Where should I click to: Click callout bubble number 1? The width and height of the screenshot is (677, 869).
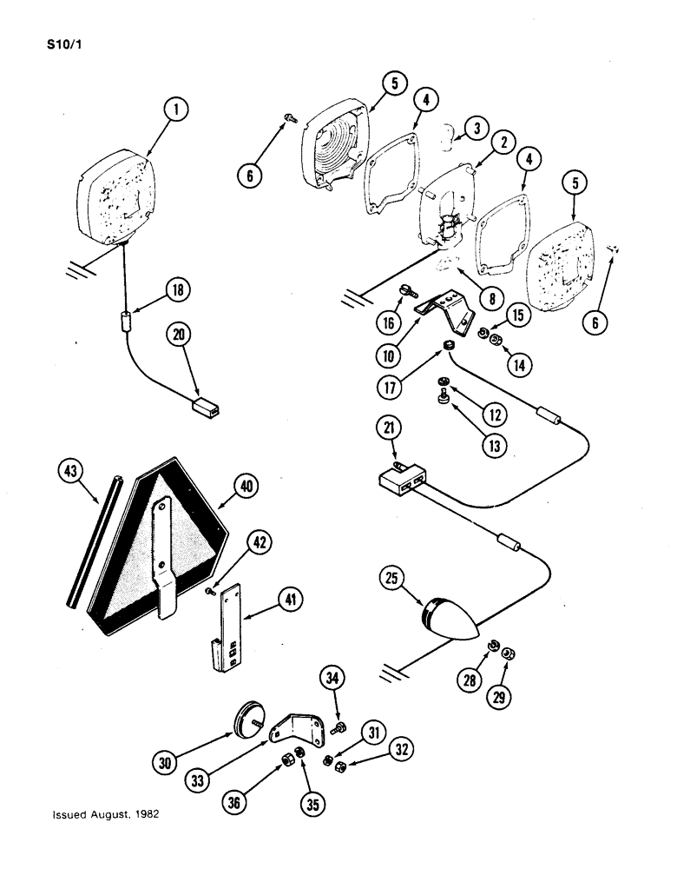tap(177, 110)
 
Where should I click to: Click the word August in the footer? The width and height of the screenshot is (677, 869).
tap(104, 816)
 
